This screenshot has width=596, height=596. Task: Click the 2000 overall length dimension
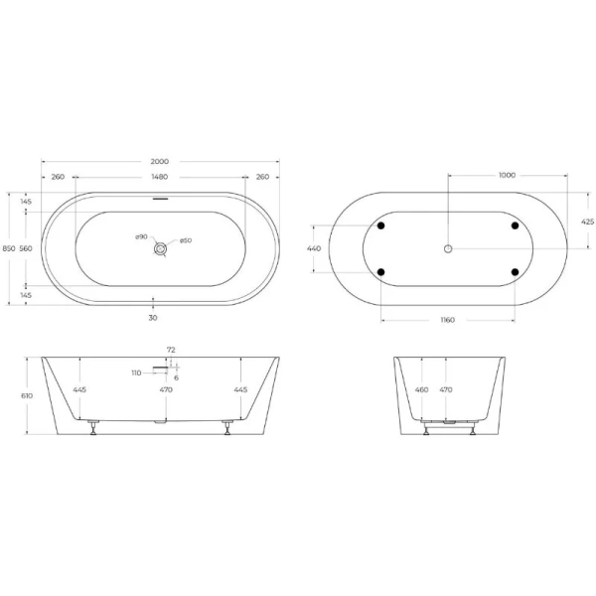[x=159, y=161]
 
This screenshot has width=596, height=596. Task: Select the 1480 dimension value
[x=159, y=177]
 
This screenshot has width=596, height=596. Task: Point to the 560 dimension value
[x=27, y=248]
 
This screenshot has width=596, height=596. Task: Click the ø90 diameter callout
[x=141, y=236]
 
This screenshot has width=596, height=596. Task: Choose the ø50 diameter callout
[x=186, y=241]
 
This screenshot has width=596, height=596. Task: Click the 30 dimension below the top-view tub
[x=153, y=318]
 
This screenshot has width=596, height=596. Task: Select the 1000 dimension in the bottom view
[x=507, y=175]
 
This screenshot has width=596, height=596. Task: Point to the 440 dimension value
[x=314, y=248]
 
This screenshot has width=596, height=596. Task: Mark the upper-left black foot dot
[x=380, y=225]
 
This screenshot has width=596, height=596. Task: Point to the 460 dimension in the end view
[x=421, y=390]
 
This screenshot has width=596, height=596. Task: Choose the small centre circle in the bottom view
[x=448, y=247]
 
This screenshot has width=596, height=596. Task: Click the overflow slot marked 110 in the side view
[x=160, y=369]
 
